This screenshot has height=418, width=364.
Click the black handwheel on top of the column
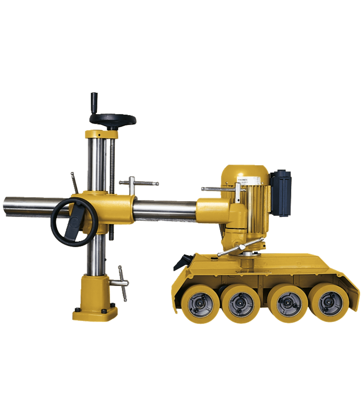coord(112,119)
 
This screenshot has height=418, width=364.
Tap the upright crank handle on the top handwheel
coord(94,102)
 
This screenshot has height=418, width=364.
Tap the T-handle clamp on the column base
coord(122,282)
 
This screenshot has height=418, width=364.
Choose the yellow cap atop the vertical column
coord(99,134)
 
